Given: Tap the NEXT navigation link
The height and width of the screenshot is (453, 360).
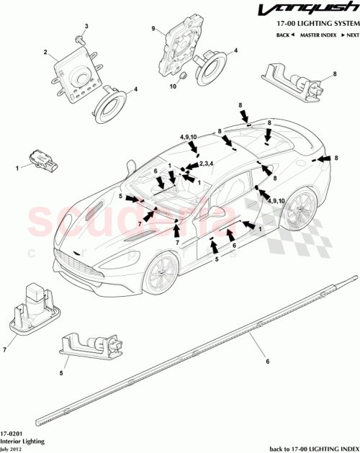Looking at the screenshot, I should click(x=348, y=35).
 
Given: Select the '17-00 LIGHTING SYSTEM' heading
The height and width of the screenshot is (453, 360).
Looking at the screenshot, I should click(x=314, y=24).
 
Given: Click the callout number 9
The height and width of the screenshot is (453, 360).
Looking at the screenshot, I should click(x=153, y=29).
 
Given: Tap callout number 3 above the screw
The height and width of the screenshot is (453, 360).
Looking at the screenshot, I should click(x=86, y=27).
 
